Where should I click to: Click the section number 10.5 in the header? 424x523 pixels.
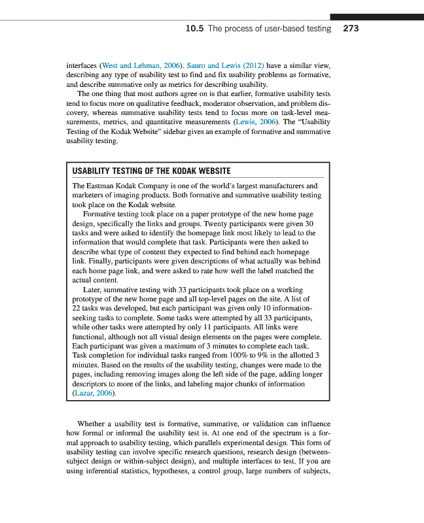tap(194, 29)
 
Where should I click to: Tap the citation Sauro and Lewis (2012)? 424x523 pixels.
tap(226, 66)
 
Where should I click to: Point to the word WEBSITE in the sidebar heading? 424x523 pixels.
tap(213, 171)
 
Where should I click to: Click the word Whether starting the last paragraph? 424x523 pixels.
tap(92, 424)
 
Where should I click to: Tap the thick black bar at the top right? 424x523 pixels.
tap(376, 17)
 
